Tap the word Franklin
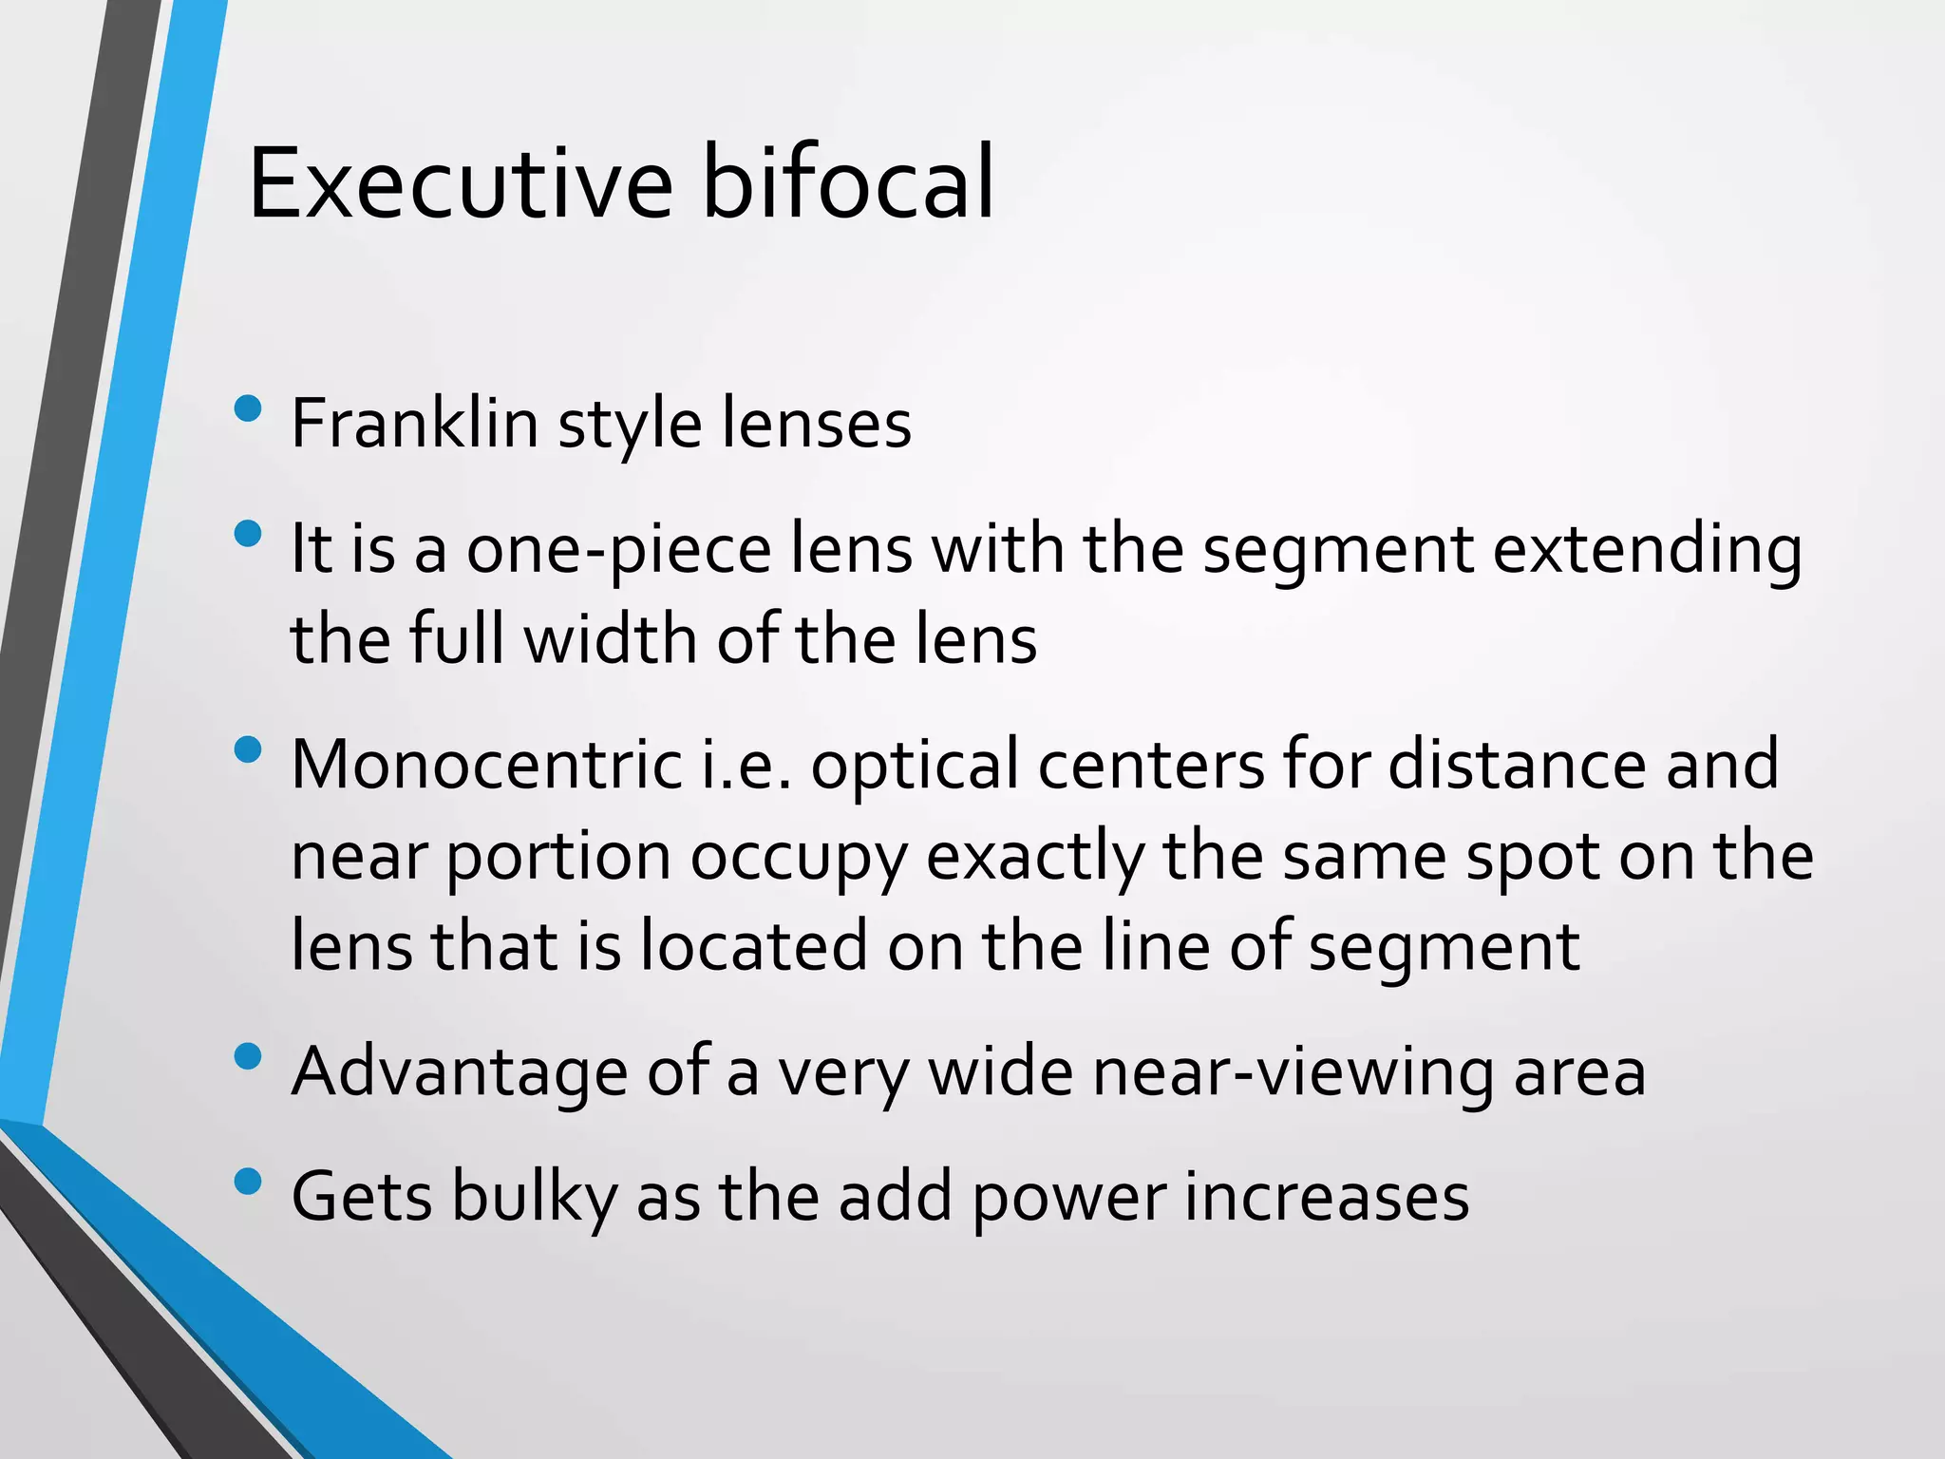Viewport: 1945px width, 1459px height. click(x=414, y=424)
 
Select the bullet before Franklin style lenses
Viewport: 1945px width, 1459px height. click(x=247, y=408)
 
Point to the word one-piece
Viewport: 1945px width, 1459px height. click(x=618, y=551)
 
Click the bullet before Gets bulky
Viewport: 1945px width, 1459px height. click(x=247, y=1182)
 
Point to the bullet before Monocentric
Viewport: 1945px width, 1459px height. click(x=247, y=750)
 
